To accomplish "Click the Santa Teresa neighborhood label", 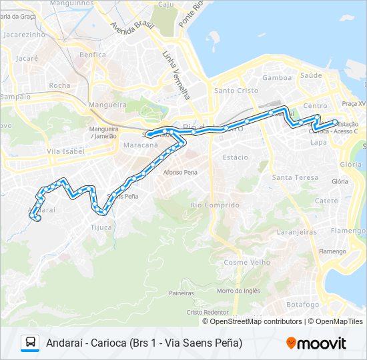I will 295,177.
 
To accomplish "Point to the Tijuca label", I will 101,227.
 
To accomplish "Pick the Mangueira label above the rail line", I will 107,105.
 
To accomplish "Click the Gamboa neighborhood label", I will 277,77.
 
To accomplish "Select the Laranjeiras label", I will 296,232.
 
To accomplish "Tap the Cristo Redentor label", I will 208,312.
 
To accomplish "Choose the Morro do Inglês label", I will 238,290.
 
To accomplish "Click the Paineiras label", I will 181,293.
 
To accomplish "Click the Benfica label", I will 92,55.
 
